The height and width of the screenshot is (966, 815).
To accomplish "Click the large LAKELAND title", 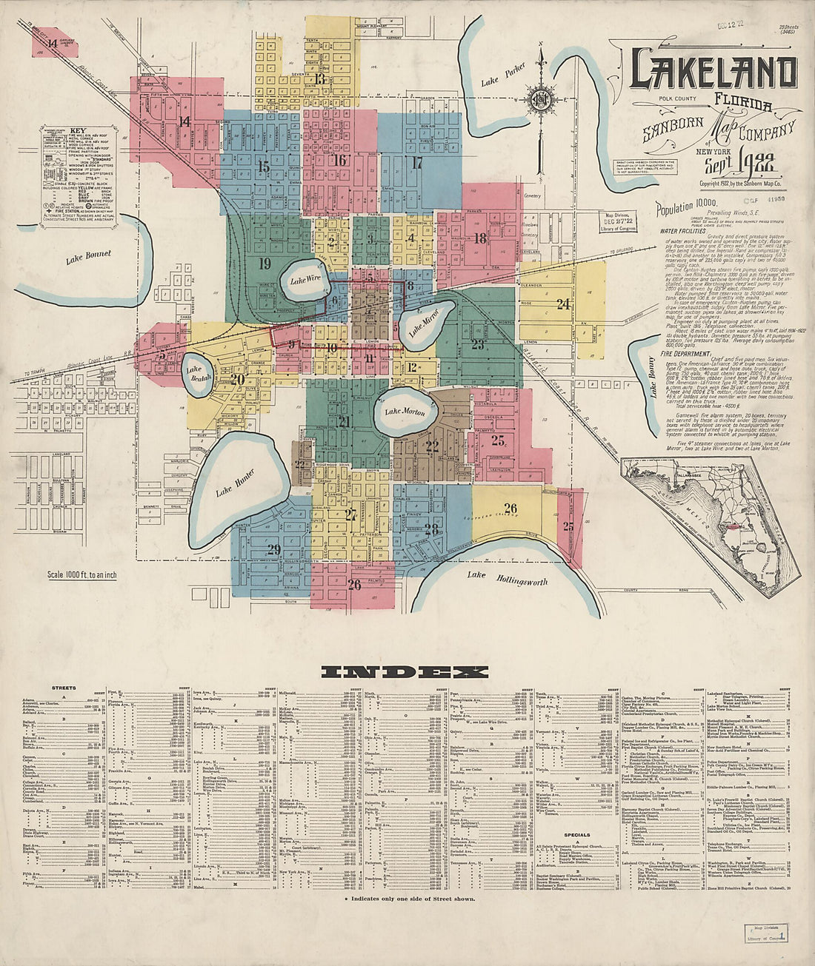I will point(713,70).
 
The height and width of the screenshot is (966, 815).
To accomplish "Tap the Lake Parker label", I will point(503,73).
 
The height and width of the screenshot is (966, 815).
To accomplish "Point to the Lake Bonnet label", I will point(88,257).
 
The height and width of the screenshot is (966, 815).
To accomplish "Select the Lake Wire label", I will point(305,281).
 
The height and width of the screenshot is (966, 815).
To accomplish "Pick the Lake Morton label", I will point(405,411).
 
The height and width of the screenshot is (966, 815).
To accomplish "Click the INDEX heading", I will point(405,673).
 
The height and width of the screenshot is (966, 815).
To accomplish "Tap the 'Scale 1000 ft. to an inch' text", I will point(81,575).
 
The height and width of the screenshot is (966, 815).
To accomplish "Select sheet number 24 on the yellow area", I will point(564,303).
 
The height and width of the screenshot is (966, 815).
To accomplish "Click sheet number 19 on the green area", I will point(265,264).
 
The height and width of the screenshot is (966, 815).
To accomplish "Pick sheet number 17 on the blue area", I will point(417,163).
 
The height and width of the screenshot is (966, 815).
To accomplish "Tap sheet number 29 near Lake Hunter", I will point(273,549).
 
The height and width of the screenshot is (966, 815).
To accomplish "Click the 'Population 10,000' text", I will point(686,209).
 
